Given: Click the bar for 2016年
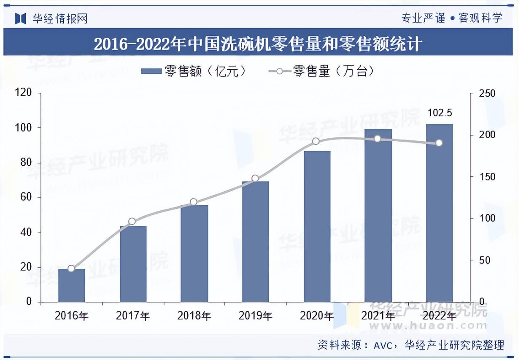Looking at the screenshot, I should tap(71, 285).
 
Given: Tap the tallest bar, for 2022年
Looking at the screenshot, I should tap(439, 213).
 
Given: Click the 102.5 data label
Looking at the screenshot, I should tap(440, 113).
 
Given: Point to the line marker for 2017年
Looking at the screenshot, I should tap(132, 221).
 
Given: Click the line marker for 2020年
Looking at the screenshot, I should tap(316, 141).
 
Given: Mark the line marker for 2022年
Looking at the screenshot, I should tap(439, 143).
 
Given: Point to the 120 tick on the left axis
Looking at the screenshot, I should tap(24, 93).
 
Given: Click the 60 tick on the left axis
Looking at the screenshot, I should tap(26, 197).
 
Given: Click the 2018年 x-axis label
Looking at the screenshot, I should tap(194, 316).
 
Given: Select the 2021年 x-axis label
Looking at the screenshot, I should tap(378, 316).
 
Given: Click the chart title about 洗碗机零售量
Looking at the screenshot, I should tap(258, 44).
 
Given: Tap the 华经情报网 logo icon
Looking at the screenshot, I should tap(21, 18).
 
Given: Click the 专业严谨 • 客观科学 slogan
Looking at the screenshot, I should tap(452, 18).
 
